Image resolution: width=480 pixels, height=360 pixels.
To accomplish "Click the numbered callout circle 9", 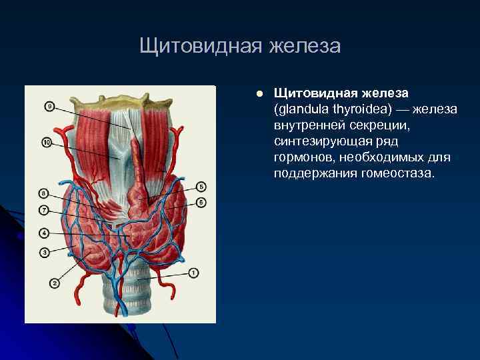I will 50,106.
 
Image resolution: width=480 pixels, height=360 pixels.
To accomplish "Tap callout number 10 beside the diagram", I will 46,143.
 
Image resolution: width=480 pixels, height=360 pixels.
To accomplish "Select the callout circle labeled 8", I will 44,194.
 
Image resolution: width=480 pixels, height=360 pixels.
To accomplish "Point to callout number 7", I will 44,209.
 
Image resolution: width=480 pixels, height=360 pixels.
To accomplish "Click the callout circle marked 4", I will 44,233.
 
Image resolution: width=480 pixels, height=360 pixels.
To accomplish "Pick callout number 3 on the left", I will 44,252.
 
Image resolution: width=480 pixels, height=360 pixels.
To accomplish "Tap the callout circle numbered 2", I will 55,283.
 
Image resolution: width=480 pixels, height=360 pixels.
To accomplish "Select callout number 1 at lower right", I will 194,272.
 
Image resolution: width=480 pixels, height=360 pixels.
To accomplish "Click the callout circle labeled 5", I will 202,187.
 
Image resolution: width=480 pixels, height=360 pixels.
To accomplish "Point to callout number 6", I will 202,202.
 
